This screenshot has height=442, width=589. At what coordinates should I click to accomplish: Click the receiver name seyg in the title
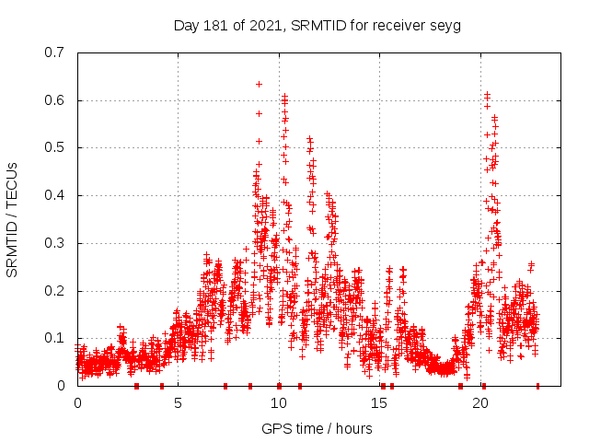(445, 25)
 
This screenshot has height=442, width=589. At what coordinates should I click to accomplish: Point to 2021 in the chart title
(265, 25)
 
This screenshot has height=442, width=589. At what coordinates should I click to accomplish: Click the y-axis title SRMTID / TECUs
(12, 219)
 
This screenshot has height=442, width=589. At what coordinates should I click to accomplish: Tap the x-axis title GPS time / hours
(317, 428)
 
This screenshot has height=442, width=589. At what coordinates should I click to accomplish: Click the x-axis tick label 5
(179, 403)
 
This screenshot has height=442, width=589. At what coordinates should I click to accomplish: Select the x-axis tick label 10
(279, 403)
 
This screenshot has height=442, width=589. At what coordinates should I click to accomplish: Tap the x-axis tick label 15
(380, 403)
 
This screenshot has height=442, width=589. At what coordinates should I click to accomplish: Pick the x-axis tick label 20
(480, 403)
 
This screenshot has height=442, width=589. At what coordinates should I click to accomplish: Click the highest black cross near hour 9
(259, 84)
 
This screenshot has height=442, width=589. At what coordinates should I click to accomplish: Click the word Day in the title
(187, 25)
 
